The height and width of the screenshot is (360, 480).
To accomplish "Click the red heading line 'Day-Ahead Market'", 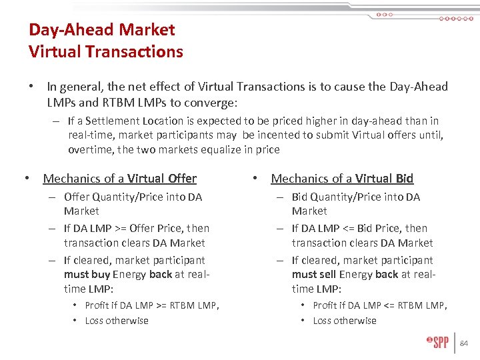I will pyautogui.click(x=101, y=30).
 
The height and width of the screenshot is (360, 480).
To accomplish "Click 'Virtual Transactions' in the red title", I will pyautogui.click(x=105, y=51).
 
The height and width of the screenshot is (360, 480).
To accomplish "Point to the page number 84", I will pyautogui.click(x=465, y=343).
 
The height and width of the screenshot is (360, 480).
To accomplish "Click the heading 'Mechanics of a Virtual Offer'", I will pyautogui.click(x=119, y=179).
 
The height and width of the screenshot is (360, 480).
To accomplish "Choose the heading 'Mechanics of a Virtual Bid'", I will pyautogui.click(x=342, y=179).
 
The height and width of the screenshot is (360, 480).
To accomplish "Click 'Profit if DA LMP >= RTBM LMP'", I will pyautogui.click(x=151, y=305).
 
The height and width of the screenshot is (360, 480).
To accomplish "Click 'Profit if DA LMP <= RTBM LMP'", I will pyautogui.click(x=379, y=305).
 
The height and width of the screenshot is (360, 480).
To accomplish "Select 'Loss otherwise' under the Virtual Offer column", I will pyautogui.click(x=117, y=321).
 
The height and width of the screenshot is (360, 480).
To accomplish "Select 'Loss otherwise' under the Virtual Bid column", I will pyautogui.click(x=345, y=321).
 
